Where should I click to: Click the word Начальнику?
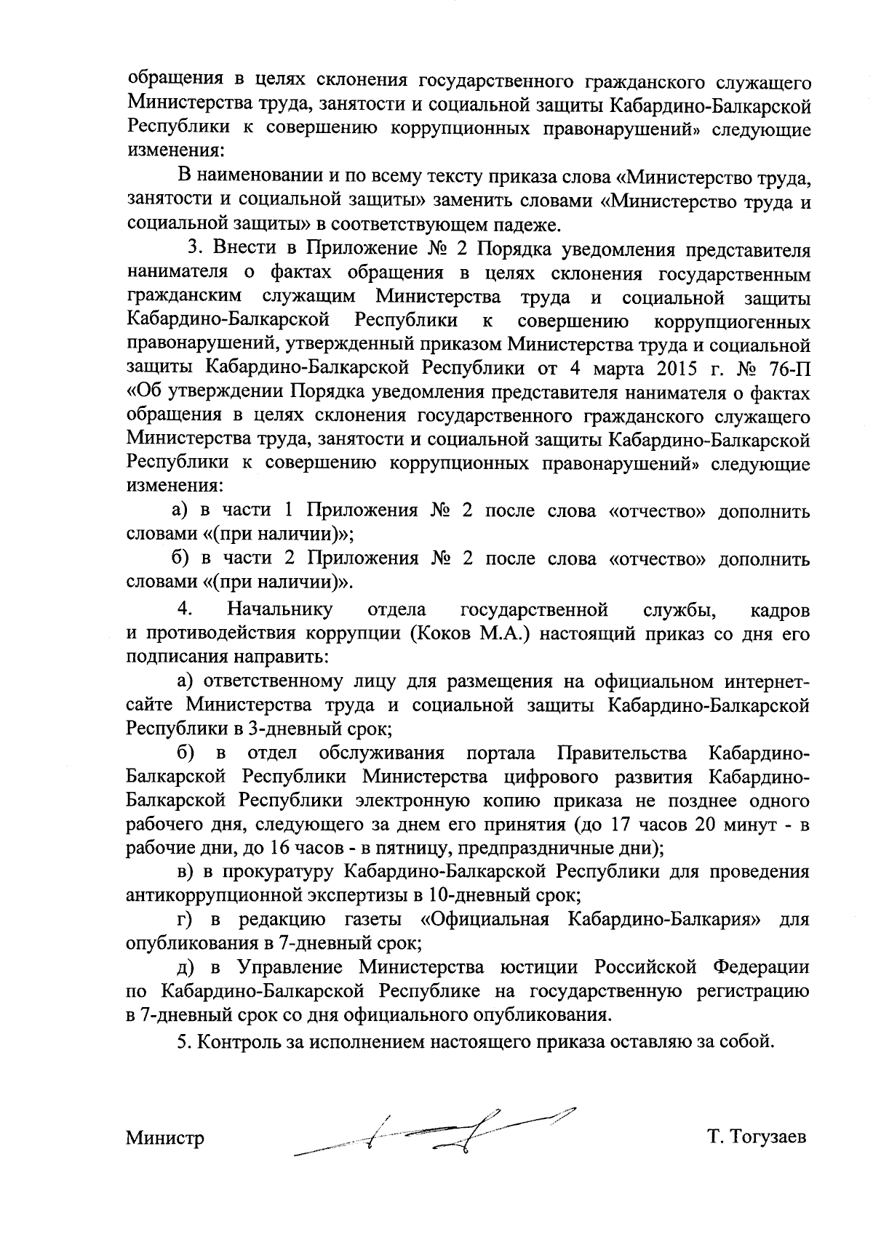click(x=280, y=609)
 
